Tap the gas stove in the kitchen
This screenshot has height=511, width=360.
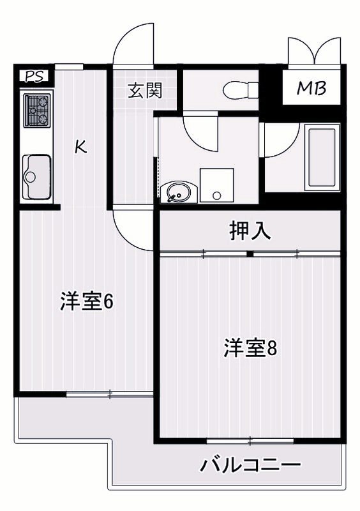pos(36,111)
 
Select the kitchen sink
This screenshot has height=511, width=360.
pos(36,176)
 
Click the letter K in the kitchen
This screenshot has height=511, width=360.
pos(80,146)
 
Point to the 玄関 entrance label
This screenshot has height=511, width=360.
pos(144,91)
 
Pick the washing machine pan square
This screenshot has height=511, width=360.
pos(217,185)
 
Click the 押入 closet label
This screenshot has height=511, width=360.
pos(250,231)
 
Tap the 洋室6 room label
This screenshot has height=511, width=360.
pos(87,301)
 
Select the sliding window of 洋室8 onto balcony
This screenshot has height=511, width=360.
pos(250,440)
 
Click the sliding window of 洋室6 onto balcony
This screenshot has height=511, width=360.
pos(110,393)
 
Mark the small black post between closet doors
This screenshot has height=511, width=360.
pos(250,254)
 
